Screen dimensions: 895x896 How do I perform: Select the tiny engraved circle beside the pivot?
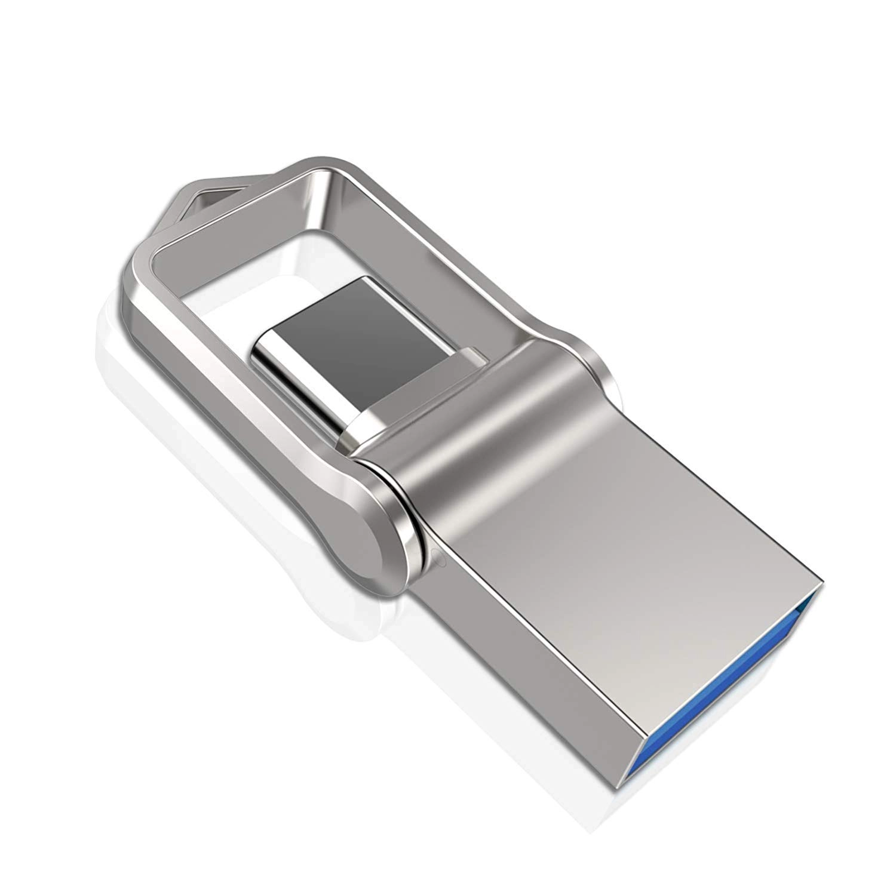click(440, 560)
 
